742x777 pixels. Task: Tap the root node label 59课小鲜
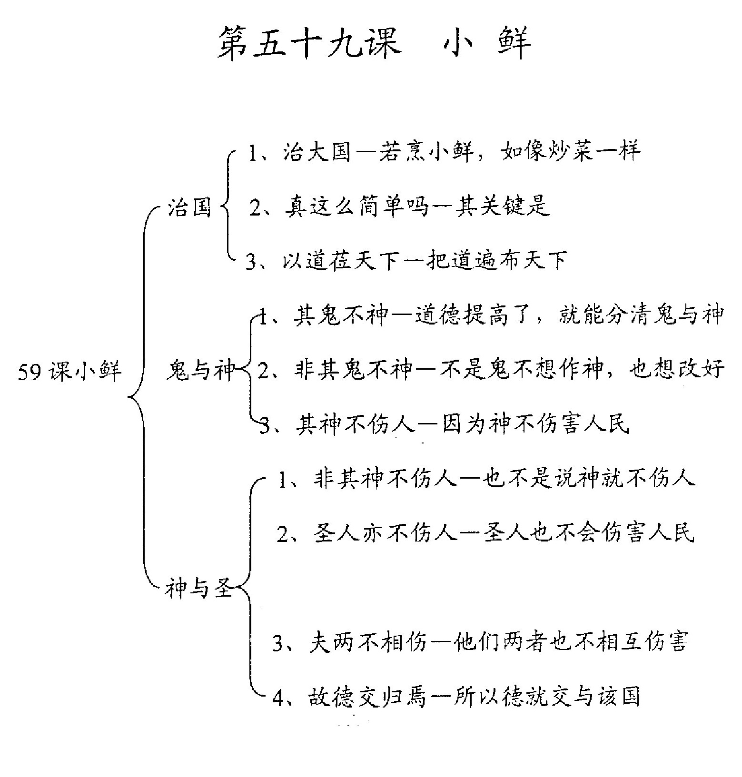tap(70, 371)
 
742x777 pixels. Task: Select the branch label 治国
tap(189, 207)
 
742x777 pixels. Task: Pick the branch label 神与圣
tap(199, 589)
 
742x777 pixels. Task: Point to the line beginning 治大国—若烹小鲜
tap(444, 152)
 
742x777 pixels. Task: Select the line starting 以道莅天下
tap(406, 261)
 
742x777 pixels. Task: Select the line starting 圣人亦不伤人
tap(486, 533)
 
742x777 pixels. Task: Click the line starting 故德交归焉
tap(456, 697)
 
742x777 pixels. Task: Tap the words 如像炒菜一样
tap(571, 152)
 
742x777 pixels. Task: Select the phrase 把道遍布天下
tap(495, 261)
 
